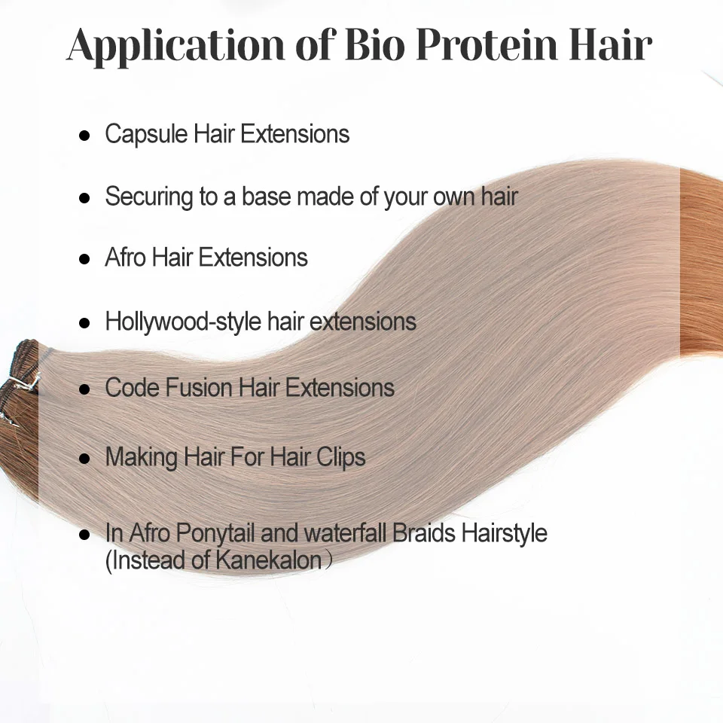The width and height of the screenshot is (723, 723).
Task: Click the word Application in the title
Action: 175,45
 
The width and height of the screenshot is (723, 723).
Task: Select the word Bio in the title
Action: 374,44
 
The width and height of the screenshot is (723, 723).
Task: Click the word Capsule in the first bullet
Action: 147,135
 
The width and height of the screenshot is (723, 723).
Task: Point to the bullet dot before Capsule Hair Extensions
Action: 84,136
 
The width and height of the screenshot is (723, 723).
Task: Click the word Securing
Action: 149,197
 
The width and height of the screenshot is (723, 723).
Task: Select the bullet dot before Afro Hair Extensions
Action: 84,258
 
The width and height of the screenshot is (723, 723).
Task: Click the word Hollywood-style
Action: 183,322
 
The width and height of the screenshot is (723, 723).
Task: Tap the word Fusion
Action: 199,387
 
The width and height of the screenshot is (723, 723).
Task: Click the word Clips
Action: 340,458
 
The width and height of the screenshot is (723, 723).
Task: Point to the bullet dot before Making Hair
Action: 84,459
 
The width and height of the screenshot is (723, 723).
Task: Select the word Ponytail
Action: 215,533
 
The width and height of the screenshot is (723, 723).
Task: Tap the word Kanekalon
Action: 268,560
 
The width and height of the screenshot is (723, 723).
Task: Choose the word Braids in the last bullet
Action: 424,532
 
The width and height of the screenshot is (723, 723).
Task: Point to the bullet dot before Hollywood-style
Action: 84,323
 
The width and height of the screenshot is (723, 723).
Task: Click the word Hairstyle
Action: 505,533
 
